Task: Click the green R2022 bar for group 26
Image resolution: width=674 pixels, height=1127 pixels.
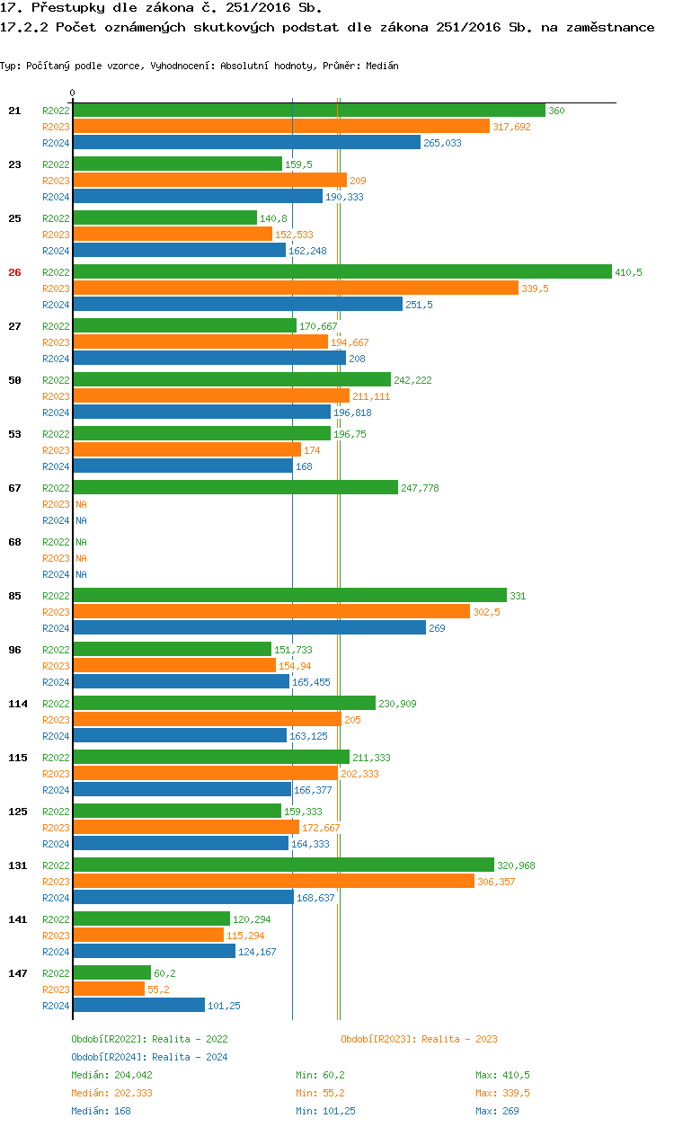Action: point(341,272)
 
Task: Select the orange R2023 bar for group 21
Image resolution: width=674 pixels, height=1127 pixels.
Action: point(280,127)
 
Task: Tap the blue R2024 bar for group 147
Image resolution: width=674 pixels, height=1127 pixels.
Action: point(138,1006)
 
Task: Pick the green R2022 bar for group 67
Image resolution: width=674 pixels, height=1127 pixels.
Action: point(235,488)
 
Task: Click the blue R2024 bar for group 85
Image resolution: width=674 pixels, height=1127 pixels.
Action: point(249,628)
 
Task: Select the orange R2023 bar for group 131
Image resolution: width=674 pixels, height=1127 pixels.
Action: point(273,882)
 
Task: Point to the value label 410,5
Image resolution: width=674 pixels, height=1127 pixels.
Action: point(628,272)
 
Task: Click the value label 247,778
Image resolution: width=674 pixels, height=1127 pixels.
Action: point(420,488)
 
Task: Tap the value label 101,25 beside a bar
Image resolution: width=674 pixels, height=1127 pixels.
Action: point(224,1006)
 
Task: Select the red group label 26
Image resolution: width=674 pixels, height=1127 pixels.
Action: point(14,272)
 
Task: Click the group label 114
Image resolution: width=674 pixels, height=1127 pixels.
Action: point(17,704)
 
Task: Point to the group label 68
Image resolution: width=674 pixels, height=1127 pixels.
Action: point(14,542)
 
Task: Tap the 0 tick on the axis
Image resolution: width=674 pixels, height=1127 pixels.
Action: point(73,93)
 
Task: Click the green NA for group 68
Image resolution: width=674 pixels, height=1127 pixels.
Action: point(81,542)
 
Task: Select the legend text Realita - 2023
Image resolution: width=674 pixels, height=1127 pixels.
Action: point(459,1039)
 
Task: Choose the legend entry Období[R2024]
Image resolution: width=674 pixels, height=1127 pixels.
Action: point(110,1057)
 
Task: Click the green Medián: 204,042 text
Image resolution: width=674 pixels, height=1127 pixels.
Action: point(113,1075)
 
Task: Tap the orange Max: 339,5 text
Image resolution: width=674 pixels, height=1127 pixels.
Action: point(502,1093)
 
